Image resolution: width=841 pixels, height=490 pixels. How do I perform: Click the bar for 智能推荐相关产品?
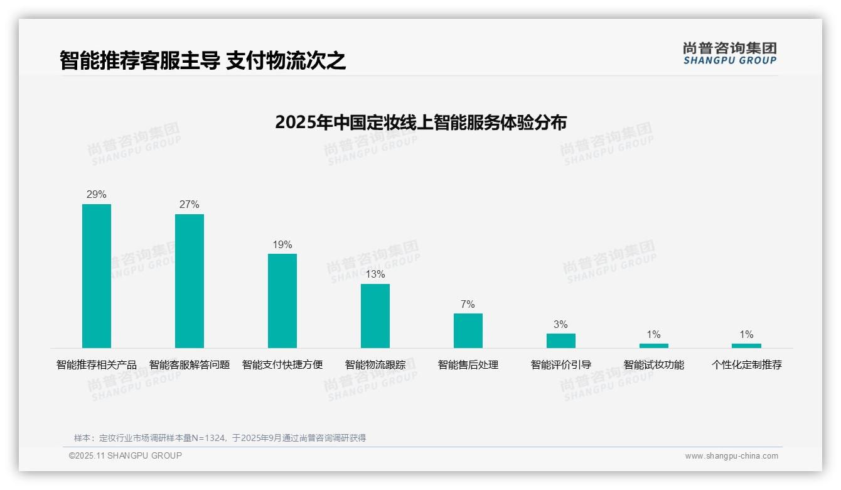pyautogui.click(x=97, y=276)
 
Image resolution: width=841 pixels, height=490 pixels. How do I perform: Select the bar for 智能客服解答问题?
pyautogui.click(x=190, y=281)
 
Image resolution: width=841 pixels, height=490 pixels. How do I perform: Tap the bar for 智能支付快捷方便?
pyautogui.click(x=282, y=301)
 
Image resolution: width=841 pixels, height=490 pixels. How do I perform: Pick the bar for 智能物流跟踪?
pyautogui.click(x=375, y=316)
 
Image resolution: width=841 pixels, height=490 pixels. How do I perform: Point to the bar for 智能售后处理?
pyautogui.click(x=468, y=330)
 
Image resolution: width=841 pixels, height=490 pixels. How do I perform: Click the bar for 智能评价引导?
pyautogui.click(x=561, y=340)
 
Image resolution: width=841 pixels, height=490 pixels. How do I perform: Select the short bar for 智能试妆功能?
pyautogui.click(x=654, y=346)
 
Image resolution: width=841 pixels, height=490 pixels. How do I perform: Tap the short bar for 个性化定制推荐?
pyautogui.click(x=746, y=346)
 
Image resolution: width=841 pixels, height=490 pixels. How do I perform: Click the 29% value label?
pyautogui.click(x=97, y=195)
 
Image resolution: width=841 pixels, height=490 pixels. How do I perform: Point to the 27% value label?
pyautogui.click(x=190, y=205)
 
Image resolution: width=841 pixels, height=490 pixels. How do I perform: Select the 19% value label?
pyautogui.click(x=282, y=245)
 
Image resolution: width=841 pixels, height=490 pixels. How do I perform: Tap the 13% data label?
pyautogui.click(x=375, y=275)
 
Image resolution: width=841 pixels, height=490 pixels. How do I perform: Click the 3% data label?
pyautogui.click(x=561, y=325)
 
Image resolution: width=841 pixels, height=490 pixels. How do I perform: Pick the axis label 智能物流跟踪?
pyautogui.click(x=375, y=365)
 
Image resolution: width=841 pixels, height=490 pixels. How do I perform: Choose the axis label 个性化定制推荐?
pyautogui.click(x=746, y=365)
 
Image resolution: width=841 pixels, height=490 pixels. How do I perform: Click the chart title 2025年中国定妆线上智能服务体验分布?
pyautogui.click(x=420, y=122)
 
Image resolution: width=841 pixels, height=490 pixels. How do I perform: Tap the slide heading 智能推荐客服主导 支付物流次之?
pyautogui.click(x=203, y=61)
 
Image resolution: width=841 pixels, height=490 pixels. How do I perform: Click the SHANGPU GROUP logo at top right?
pyautogui.click(x=730, y=53)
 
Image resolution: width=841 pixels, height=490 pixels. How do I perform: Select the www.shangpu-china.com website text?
pyautogui.click(x=731, y=456)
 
